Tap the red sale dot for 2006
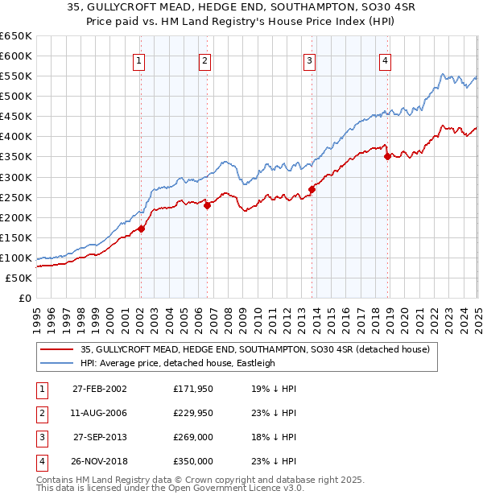coord(207,205)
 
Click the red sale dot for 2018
coord(387,157)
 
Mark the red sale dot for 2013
coord(312,190)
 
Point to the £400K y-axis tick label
coord(16,137)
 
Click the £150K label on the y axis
coord(16,238)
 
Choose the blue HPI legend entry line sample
coord(57,363)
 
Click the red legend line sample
coord(57,349)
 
